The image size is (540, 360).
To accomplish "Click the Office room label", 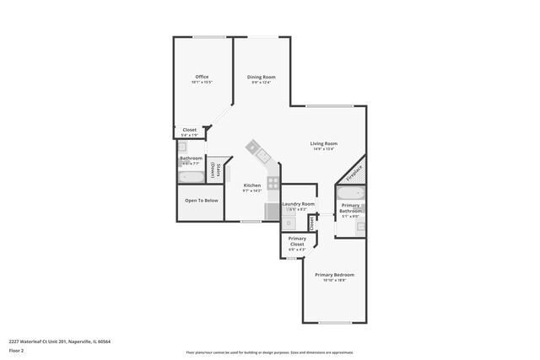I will (x=202, y=77).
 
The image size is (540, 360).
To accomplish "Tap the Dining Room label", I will (x=262, y=77).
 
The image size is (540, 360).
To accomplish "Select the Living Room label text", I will (x=324, y=143).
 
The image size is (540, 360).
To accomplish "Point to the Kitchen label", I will (x=252, y=185).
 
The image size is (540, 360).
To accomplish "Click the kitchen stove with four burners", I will (x=273, y=181).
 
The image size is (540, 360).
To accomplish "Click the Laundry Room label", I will (x=298, y=204).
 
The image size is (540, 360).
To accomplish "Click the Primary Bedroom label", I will (x=334, y=275).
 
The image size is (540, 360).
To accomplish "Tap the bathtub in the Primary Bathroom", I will (x=349, y=193).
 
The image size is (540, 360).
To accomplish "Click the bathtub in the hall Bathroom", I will (x=191, y=177).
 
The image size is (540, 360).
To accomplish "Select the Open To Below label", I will (x=202, y=201).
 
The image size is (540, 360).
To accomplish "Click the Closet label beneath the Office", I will (x=190, y=130).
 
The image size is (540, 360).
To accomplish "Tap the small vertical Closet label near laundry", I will (x=311, y=223).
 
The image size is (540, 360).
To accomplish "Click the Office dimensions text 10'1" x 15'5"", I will (x=202, y=83).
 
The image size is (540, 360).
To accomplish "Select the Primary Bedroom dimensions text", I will (x=334, y=281).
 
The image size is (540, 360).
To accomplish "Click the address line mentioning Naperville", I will (x=60, y=341).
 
